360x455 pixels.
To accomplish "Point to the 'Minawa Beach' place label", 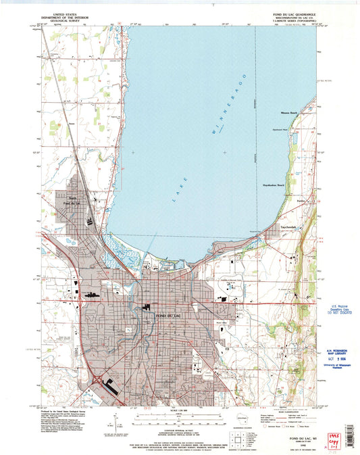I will click(289, 113).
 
